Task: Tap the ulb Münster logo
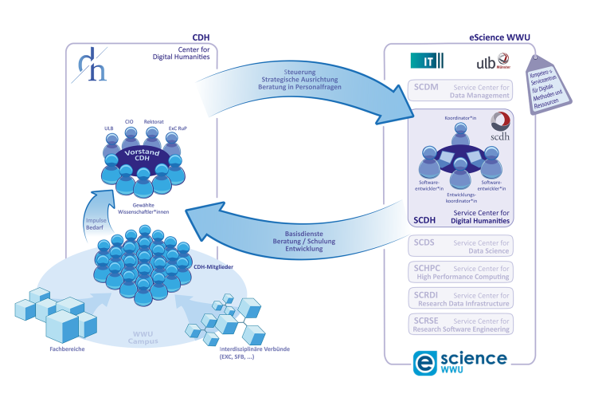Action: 492,61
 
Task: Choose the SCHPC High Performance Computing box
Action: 460,272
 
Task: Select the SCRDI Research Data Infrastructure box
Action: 460,297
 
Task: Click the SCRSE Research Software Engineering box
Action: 460,324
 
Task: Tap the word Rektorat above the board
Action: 154,122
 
